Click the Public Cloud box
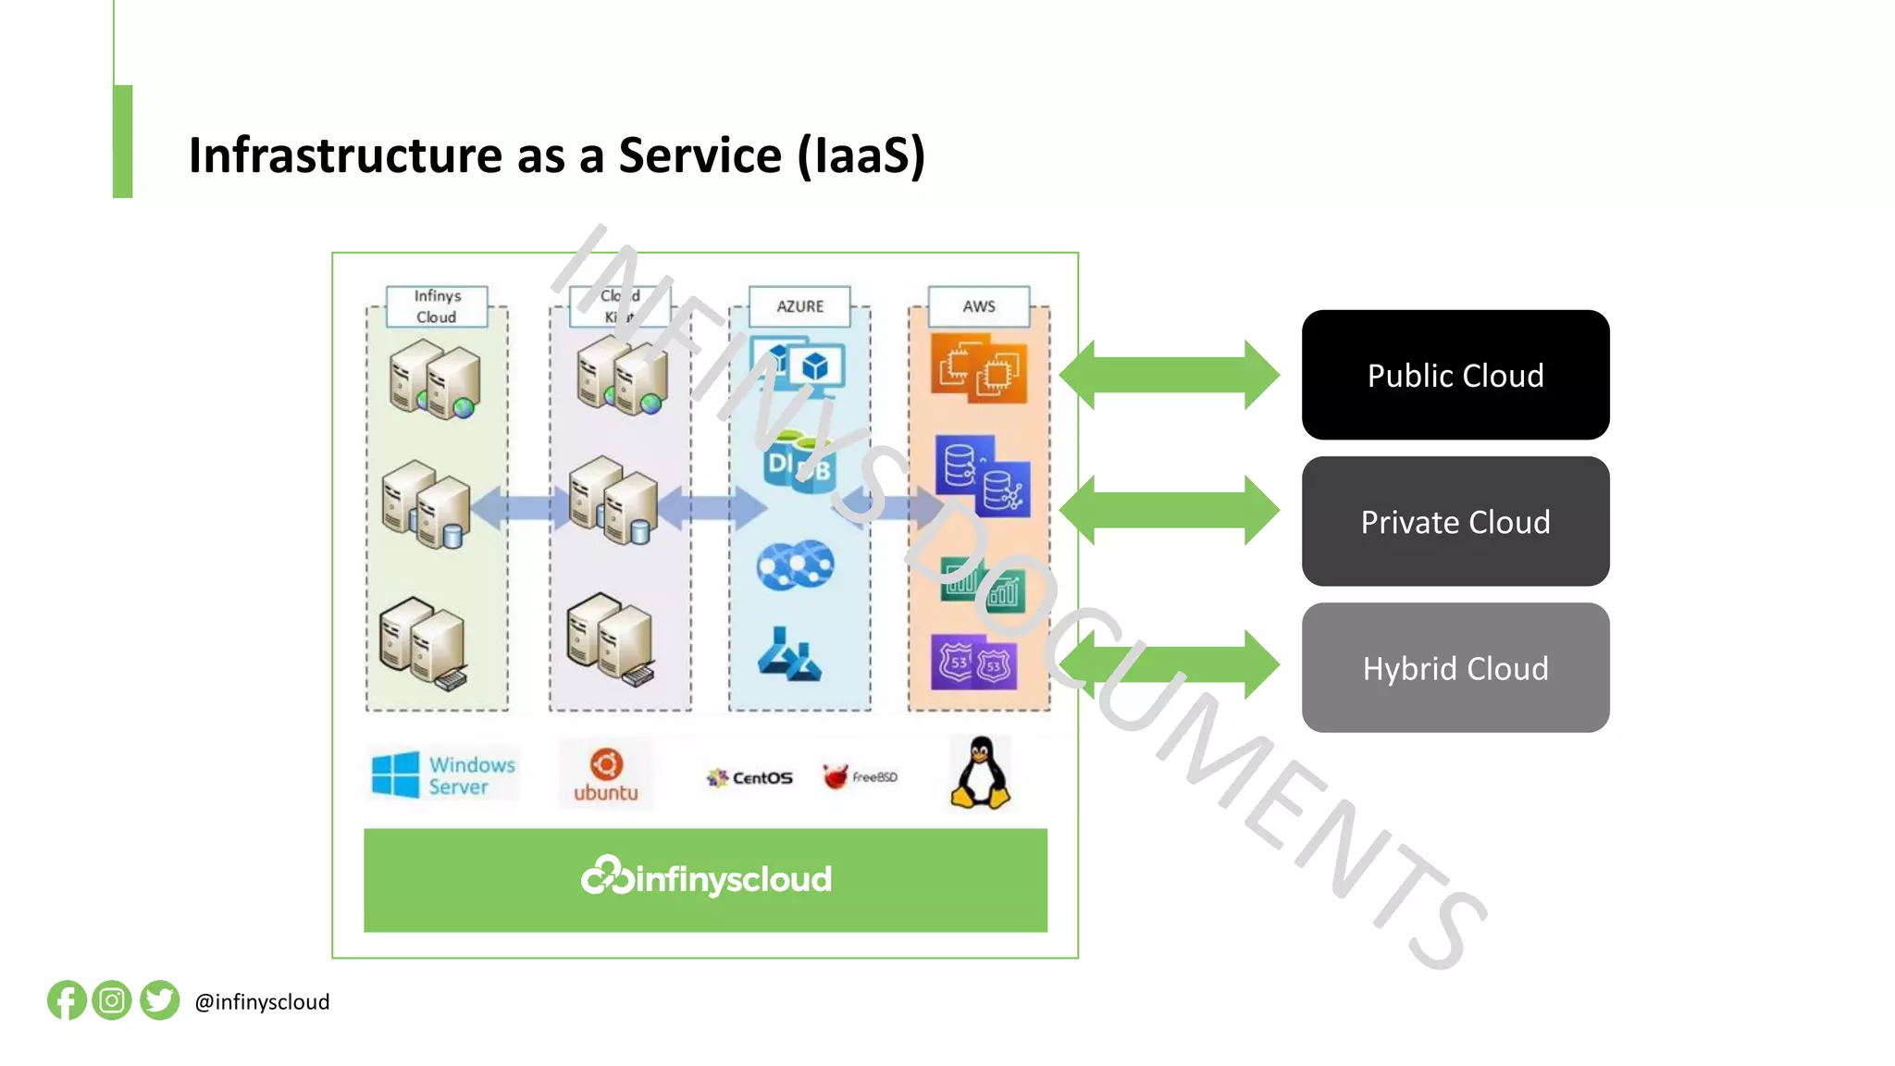pos(1455,375)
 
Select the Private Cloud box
pos(1455,521)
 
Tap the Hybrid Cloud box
pos(1455,667)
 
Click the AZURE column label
pos(799,306)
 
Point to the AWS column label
pos(978,306)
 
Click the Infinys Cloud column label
pos(437,306)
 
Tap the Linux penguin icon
pos(980,774)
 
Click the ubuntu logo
pos(606,775)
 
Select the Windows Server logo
pos(443,775)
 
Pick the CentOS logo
pos(749,777)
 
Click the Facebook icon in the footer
pos(67,1000)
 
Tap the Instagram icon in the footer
pos(112,1000)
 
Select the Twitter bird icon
pos(159,1000)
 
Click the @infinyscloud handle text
pos(262,1002)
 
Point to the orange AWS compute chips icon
pos(979,368)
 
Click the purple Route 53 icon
pos(973,663)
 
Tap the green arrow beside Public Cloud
pos(1169,375)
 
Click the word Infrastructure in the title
pos(346,155)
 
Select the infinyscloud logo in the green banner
pos(706,877)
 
